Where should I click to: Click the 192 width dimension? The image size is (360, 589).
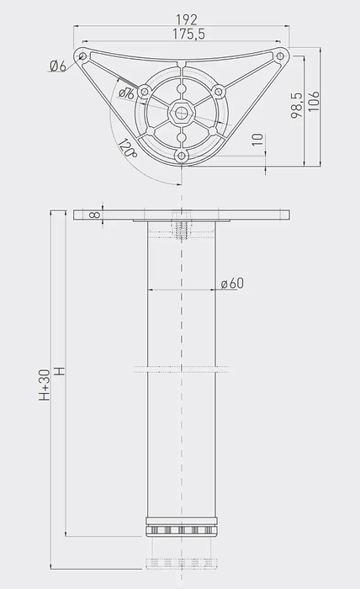click(x=187, y=20)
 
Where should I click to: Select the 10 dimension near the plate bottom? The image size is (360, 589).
click(x=256, y=138)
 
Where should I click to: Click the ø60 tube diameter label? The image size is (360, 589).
click(x=232, y=284)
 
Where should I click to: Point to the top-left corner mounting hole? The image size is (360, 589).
click(x=82, y=56)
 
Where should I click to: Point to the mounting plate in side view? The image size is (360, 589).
click(x=182, y=215)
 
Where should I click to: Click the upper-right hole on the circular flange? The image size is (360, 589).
click(x=219, y=91)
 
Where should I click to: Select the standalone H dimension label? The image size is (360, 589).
click(x=60, y=370)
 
